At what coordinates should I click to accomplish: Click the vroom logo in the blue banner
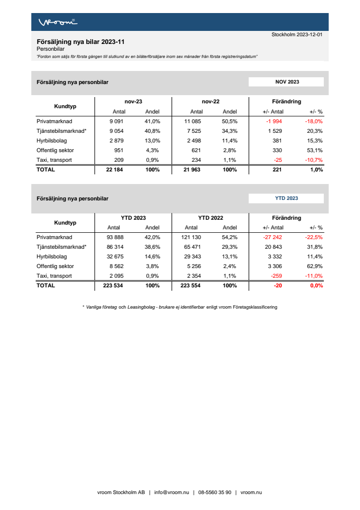click(x=57, y=22)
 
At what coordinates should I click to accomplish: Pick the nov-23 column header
click(x=133, y=102)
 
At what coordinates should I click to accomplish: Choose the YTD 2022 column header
click(x=210, y=218)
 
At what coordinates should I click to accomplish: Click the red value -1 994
click(x=274, y=121)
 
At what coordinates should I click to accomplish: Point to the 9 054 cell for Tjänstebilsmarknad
click(x=117, y=131)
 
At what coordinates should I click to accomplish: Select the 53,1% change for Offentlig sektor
click(x=315, y=150)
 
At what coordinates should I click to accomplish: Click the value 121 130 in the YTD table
click(x=195, y=237)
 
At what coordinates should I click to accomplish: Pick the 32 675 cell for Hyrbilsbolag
click(x=116, y=256)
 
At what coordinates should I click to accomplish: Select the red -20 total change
click(x=278, y=285)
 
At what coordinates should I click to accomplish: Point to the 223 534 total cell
click(x=114, y=285)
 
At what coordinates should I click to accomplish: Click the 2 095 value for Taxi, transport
click(x=117, y=276)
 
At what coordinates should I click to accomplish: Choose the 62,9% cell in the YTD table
click(x=315, y=266)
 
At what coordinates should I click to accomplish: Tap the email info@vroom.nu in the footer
click(x=171, y=493)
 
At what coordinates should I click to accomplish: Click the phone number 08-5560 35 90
click(x=214, y=493)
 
